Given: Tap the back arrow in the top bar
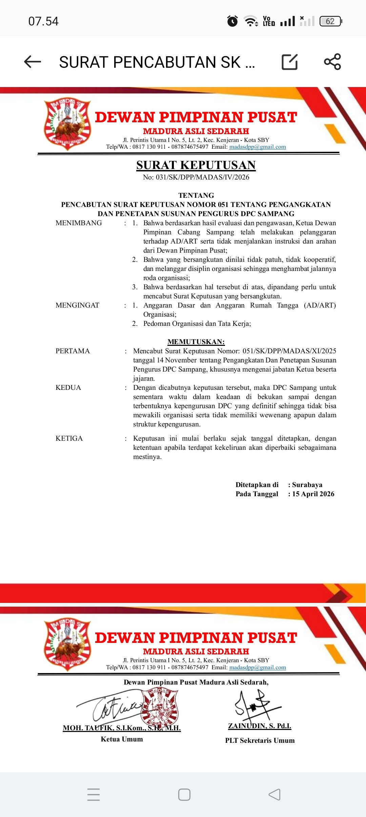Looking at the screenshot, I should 33,62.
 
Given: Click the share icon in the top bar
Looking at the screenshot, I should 332,62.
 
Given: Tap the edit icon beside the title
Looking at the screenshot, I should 290,62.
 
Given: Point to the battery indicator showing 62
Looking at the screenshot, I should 330,21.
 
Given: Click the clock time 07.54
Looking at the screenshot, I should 43,21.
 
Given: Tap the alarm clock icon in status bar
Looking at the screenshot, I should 232,21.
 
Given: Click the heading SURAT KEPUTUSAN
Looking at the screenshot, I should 196,165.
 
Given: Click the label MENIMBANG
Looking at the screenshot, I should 79,223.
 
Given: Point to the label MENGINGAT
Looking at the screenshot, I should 77,305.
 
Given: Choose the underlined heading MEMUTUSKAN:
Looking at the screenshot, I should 196,342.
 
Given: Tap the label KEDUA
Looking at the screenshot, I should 68,387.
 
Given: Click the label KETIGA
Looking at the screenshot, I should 69,438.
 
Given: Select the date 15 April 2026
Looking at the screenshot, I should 313,494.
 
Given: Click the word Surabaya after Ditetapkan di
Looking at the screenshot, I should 307,485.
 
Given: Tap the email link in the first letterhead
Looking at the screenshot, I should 258,147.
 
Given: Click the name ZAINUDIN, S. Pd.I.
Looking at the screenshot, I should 260,726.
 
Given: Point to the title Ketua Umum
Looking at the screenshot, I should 122,739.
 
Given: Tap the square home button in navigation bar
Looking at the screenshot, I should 184,794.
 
